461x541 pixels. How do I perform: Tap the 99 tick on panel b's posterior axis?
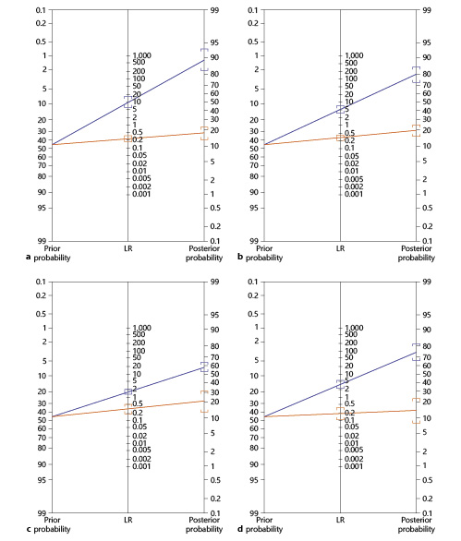(x=426, y=9)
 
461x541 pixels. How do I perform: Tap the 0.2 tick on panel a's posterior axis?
(x=213, y=226)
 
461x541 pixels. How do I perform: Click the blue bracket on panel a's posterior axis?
(x=204, y=59)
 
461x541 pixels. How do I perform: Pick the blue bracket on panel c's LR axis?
(x=128, y=391)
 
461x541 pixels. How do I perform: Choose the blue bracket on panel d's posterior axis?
(x=416, y=352)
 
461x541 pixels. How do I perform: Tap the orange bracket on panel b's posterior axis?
(x=416, y=130)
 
